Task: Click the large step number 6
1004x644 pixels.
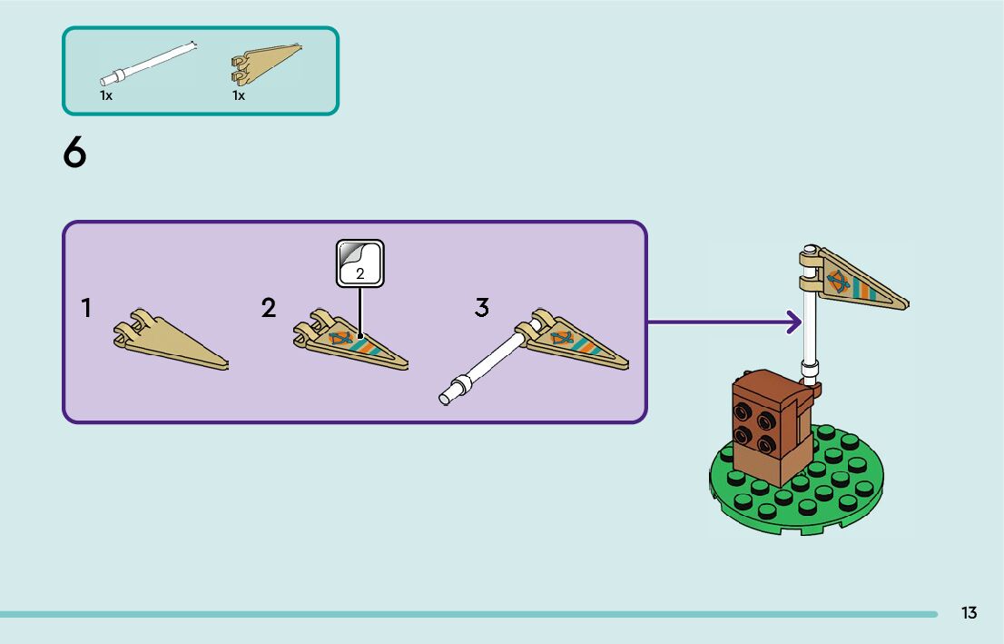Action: (x=74, y=154)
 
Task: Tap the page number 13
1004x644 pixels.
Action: (x=970, y=613)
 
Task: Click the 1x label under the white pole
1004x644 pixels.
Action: (x=106, y=95)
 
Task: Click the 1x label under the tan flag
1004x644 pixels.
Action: (x=239, y=95)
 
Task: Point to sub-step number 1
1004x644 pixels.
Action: (x=86, y=308)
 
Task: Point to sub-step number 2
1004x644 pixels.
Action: (x=269, y=308)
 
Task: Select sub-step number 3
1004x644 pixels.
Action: (x=482, y=308)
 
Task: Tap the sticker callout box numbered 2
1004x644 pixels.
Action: (x=360, y=263)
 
